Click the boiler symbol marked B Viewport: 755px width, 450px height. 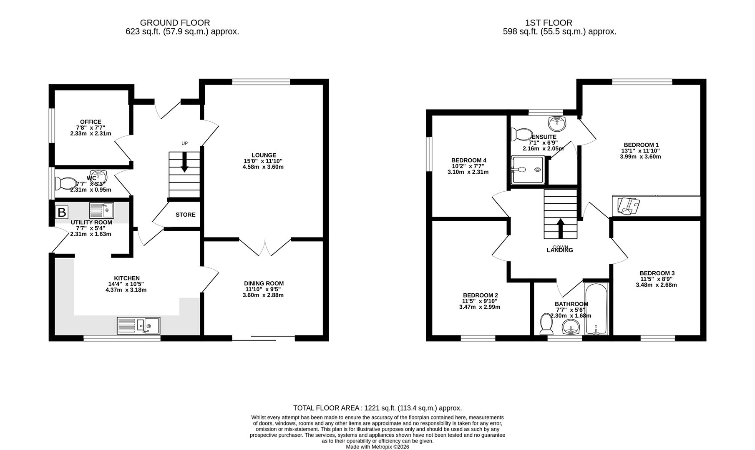61,212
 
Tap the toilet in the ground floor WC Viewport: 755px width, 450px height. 66,183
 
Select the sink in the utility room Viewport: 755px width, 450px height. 101,210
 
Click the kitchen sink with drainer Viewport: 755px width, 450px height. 138,325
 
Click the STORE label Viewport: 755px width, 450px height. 185,215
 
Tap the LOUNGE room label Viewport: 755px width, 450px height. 264,155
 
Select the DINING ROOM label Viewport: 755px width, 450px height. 264,283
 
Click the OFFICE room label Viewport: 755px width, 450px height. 91,122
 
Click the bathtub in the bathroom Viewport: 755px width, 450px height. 596,309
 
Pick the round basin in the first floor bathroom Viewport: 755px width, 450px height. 570,327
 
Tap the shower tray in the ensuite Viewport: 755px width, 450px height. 528,170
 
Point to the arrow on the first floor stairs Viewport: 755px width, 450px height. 560,227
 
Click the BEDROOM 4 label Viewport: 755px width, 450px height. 468,160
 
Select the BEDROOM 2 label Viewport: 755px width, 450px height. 480,295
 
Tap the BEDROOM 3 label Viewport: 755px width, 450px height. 657,273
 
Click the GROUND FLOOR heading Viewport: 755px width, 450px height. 175,22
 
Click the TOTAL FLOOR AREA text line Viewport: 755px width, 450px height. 377,408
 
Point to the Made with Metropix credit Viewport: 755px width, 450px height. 377,447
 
